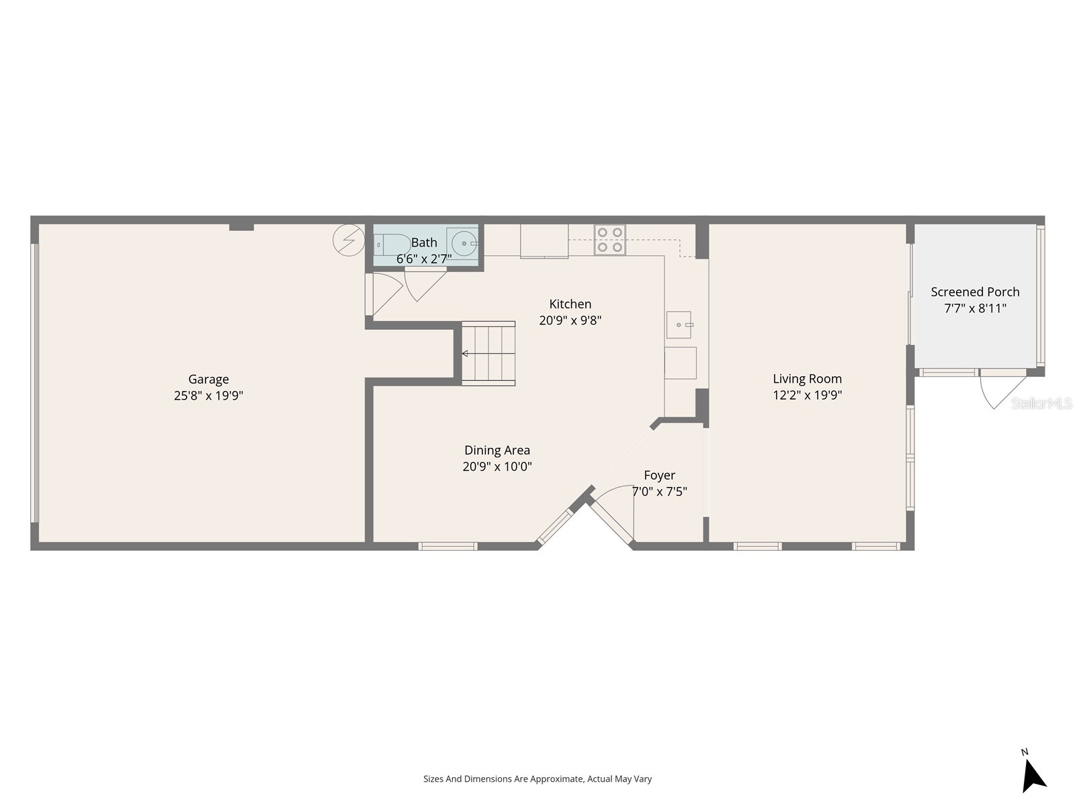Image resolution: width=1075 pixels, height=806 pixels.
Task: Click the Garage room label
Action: [208, 379]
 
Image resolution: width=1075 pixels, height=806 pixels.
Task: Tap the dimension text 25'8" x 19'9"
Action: [208, 396]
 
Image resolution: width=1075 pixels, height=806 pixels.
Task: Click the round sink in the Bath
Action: [464, 243]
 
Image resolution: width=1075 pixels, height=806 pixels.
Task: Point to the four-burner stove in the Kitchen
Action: [609, 240]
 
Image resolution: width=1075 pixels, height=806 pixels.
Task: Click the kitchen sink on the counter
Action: [679, 325]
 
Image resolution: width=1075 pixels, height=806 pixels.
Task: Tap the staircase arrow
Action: [465, 353]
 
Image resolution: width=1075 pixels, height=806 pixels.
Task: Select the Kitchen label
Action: [570, 304]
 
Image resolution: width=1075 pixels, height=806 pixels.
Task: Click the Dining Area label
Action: [497, 450]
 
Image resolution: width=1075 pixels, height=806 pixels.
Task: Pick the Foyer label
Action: [659, 476]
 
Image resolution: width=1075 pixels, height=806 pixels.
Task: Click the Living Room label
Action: [807, 379]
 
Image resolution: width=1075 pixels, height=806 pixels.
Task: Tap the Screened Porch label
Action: [975, 292]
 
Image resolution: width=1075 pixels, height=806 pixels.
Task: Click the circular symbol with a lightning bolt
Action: [349, 240]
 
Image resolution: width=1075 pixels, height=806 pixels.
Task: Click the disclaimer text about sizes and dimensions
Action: [537, 779]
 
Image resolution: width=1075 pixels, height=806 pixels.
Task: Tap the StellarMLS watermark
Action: [1041, 403]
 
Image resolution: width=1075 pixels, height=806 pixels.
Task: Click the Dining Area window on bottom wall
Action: [448, 546]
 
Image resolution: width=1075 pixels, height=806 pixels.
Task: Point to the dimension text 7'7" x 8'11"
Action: [975, 309]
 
